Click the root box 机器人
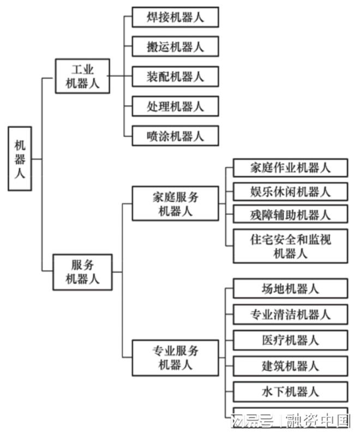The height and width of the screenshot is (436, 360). click(x=20, y=159)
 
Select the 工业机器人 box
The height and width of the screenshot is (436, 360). click(x=83, y=76)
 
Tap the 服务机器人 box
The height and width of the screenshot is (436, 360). click(x=82, y=271)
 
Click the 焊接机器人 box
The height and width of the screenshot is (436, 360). click(x=175, y=17)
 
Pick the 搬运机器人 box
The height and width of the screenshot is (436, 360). click(x=175, y=46)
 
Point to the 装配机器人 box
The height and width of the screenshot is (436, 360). click(x=175, y=76)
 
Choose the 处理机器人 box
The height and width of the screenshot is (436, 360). click(x=175, y=106)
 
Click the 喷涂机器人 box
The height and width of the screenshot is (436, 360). click(x=175, y=135)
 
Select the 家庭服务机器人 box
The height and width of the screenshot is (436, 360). click(x=175, y=204)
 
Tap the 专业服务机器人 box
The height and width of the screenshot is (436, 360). click(x=175, y=357)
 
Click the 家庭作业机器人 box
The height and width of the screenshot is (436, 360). click(x=290, y=167)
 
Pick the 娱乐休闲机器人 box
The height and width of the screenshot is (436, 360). click(x=290, y=191)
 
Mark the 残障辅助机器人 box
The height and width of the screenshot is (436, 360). click(x=290, y=214)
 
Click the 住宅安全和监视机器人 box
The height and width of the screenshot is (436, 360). click(x=290, y=246)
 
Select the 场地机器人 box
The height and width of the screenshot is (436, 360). click(x=290, y=288)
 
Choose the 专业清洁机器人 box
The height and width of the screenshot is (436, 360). click(x=290, y=314)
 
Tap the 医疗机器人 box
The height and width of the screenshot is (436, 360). click(x=290, y=340)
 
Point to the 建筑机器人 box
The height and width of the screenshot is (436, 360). click(x=290, y=366)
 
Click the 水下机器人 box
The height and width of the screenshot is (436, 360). click(x=290, y=391)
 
